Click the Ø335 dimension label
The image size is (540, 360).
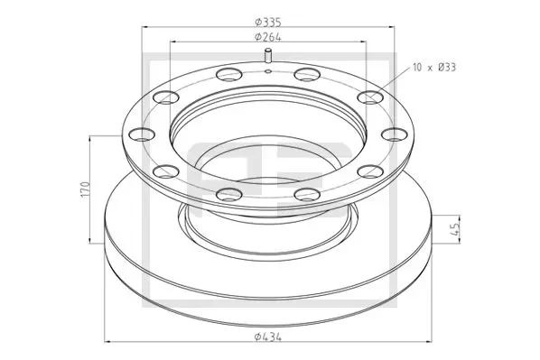(268, 23)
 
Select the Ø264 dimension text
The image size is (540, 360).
(268, 37)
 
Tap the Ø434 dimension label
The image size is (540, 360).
(268, 337)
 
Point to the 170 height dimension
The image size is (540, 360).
(85, 189)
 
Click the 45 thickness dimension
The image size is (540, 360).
(455, 228)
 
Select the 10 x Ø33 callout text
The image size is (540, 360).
(434, 68)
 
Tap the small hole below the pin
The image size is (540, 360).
(268, 71)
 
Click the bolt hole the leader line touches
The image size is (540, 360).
(370, 97)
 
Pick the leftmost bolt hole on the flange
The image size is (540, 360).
(142, 134)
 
